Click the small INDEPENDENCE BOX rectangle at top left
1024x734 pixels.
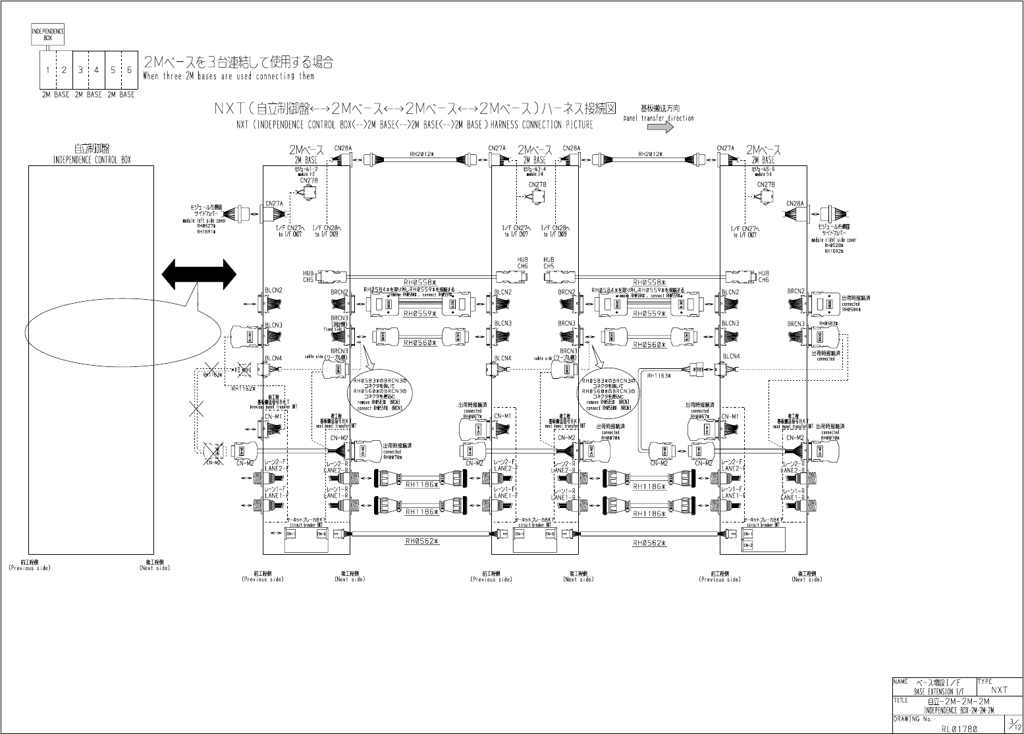coord(48,34)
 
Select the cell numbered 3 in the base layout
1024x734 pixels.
coord(80,70)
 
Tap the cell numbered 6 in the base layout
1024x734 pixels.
coord(129,70)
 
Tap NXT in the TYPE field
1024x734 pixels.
coord(999,690)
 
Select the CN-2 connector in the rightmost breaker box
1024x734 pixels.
coord(748,546)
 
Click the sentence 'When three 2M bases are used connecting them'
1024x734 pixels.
coord(229,76)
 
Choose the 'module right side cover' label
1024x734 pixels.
coord(833,240)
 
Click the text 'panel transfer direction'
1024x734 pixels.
coord(659,119)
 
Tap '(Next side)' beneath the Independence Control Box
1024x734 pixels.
coord(155,568)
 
